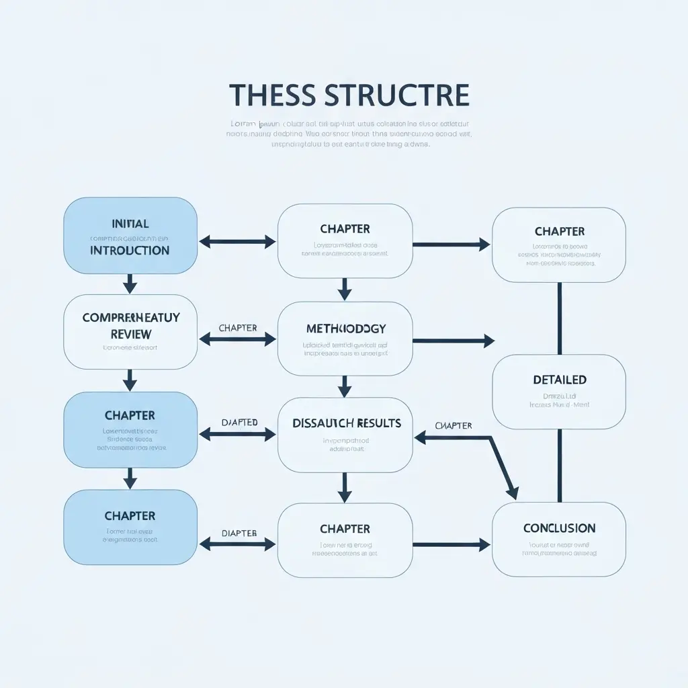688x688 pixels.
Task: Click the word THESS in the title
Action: (272, 95)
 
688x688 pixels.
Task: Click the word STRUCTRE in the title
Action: (396, 95)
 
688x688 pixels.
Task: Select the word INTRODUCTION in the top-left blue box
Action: (130, 251)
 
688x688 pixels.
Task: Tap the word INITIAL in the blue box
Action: (130, 224)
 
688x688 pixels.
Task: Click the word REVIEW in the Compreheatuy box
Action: (130, 334)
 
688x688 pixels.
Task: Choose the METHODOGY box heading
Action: (345, 329)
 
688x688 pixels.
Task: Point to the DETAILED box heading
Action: (559, 380)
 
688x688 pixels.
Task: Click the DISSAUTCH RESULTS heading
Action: (347, 423)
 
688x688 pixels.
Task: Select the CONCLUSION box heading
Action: (559, 528)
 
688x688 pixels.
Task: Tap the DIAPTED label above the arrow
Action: (239, 423)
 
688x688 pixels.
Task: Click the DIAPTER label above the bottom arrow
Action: (239, 533)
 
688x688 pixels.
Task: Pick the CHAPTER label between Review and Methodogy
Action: (238, 328)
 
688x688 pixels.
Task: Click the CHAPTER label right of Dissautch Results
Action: (454, 426)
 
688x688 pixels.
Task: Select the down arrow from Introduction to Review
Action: (130, 284)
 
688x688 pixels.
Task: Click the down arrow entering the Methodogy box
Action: (345, 289)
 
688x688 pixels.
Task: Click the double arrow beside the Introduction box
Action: (238, 242)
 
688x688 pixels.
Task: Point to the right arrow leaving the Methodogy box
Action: (453, 341)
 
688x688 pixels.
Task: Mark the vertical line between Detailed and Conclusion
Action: (560, 465)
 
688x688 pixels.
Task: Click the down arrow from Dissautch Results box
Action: (345, 487)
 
